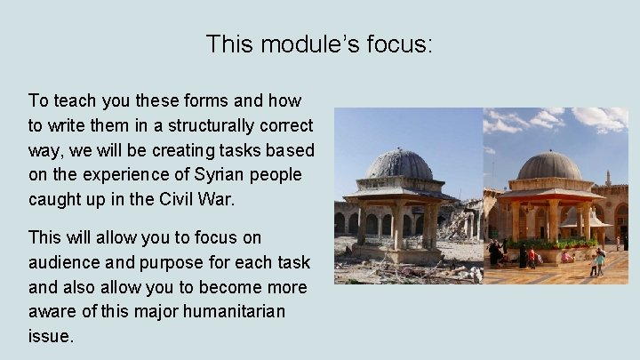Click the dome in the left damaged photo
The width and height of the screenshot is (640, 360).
coord(399,166)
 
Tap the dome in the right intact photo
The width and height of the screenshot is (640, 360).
coord(548,166)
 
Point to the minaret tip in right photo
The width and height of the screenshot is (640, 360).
coord(608,175)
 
